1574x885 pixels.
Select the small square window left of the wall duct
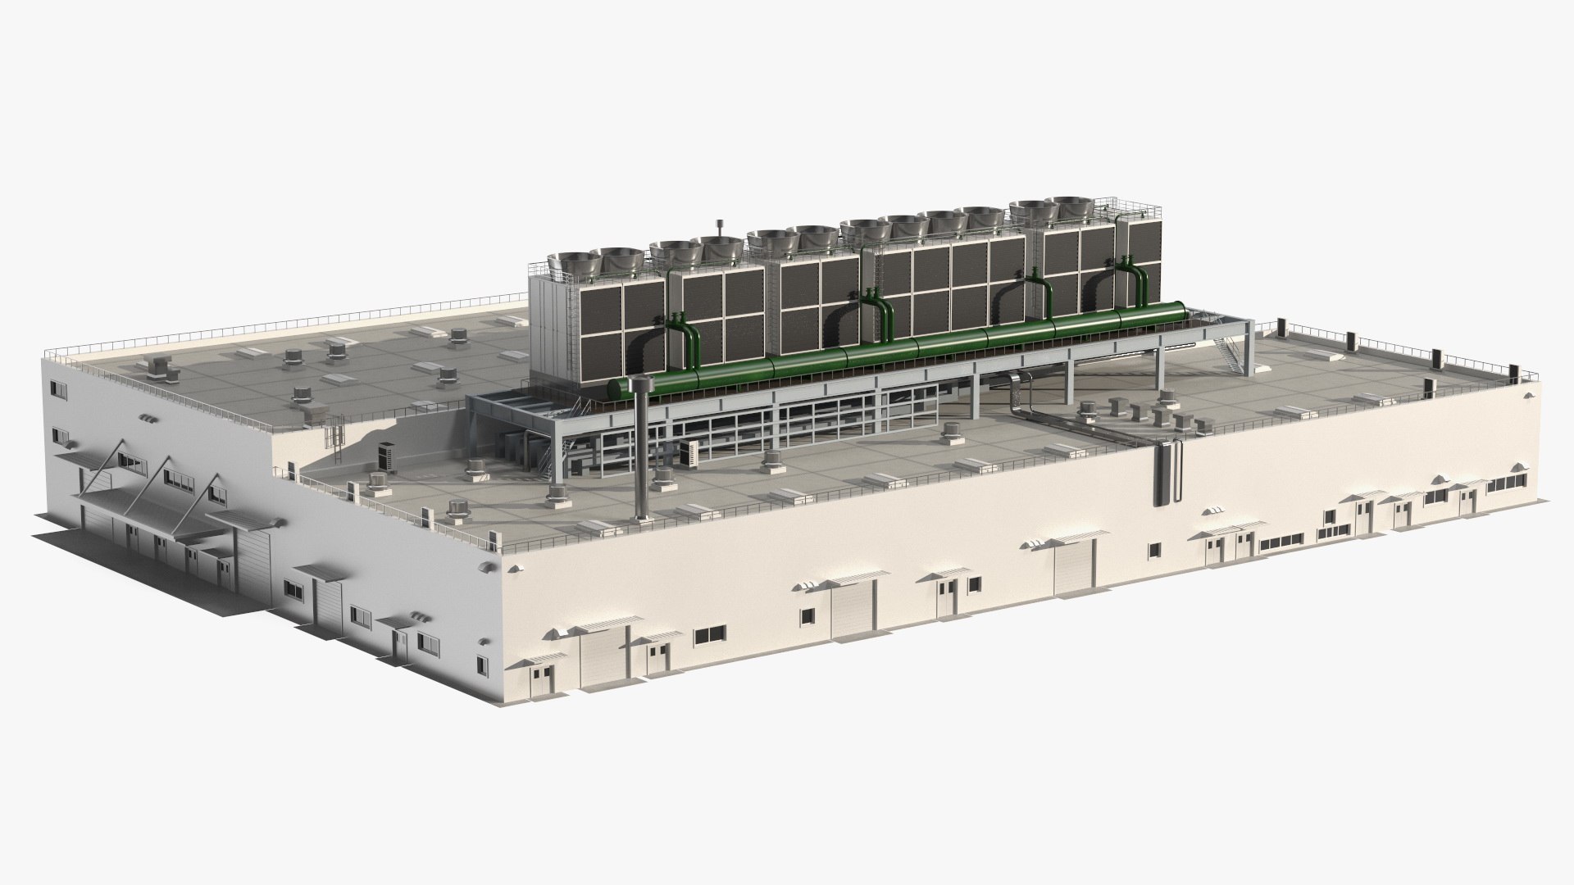point(1154,549)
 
